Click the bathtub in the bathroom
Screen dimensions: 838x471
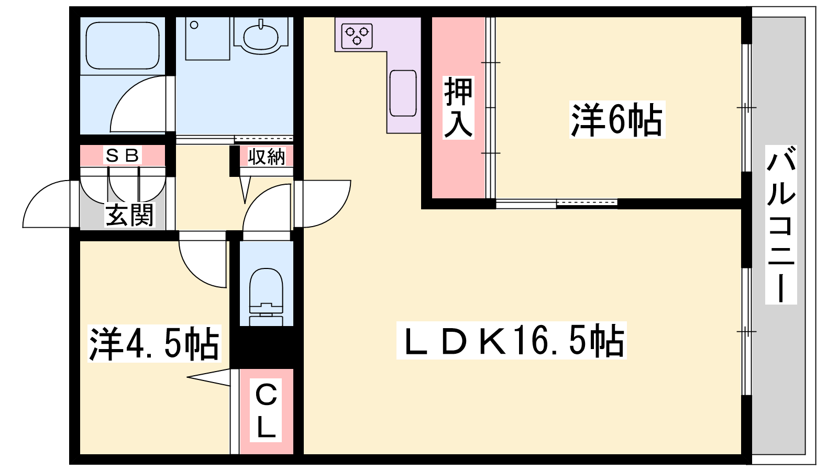[x=123, y=45]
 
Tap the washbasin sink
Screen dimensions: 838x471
[x=261, y=36]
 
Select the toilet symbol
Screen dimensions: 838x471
[x=266, y=297]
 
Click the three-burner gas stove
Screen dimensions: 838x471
[x=357, y=36]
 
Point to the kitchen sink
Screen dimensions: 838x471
[x=403, y=93]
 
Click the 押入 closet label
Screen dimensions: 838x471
[x=458, y=108]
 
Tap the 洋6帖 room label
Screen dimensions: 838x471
[x=617, y=120]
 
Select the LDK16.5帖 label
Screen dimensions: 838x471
[x=511, y=341]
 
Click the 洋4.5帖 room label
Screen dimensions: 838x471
[x=154, y=343]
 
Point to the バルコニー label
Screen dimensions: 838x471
[x=781, y=225]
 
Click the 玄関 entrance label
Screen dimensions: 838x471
[x=129, y=215]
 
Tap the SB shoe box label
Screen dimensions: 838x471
[x=123, y=155]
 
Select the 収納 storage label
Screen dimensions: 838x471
[x=267, y=156]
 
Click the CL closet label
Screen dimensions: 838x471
[x=266, y=410]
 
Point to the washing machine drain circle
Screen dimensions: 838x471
[x=194, y=25]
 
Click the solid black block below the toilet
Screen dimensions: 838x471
[x=266, y=347]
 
